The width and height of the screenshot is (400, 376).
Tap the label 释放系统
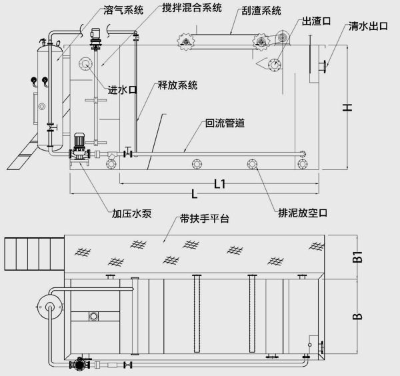click(x=177, y=85)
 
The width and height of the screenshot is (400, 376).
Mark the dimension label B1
click(x=357, y=254)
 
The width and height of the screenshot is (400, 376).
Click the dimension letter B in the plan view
click(x=357, y=313)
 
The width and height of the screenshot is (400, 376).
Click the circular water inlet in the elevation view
click(x=86, y=65)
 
